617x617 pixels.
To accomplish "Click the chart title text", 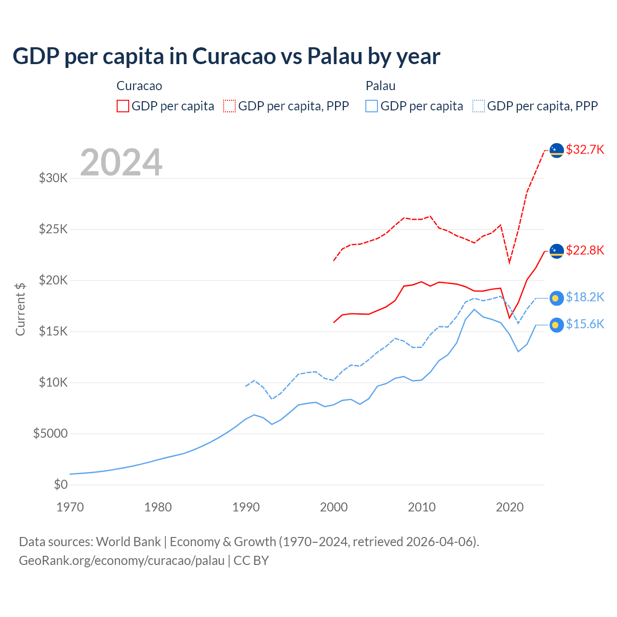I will point(226,56).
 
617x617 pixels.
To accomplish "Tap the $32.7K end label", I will point(585,150).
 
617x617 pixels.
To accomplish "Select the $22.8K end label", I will point(585,251).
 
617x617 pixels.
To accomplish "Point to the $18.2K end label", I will point(585,297).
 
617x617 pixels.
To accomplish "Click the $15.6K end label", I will point(585,324).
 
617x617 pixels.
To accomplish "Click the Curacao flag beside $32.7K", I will point(557,150).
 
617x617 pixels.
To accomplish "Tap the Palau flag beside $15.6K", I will point(557,325).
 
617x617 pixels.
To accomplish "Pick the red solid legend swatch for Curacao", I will point(123,106).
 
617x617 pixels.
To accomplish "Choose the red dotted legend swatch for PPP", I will point(229,106).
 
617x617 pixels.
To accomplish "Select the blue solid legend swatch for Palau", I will point(372,106).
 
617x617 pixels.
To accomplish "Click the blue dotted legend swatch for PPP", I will point(479,106).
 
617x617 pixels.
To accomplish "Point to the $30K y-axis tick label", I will point(54,178).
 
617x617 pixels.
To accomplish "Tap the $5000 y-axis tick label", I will point(51,434).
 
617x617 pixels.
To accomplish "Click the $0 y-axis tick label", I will point(61,485).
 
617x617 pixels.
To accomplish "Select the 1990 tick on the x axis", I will point(246,507).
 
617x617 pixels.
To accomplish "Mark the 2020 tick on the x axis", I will point(510,507).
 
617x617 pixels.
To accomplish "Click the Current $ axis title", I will point(20,309).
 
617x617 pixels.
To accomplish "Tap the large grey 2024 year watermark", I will point(121,162).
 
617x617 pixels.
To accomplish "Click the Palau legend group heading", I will point(380,86).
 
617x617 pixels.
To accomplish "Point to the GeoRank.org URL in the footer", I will point(121,561).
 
